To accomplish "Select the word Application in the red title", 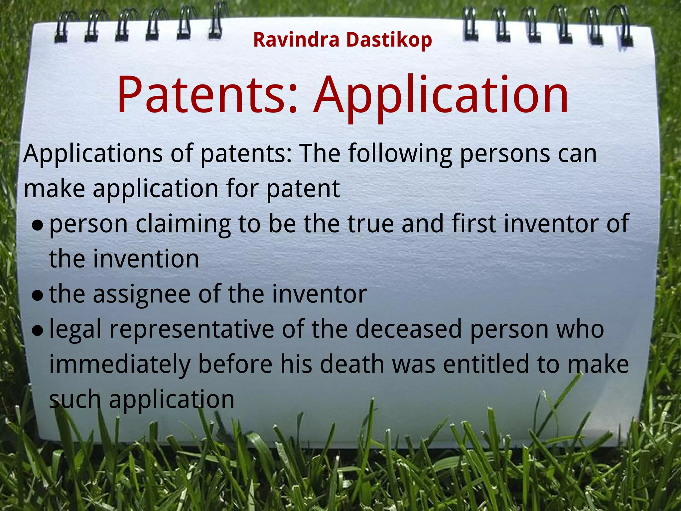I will (441, 96).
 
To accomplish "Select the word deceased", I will (409, 329).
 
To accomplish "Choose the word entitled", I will (486, 364).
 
